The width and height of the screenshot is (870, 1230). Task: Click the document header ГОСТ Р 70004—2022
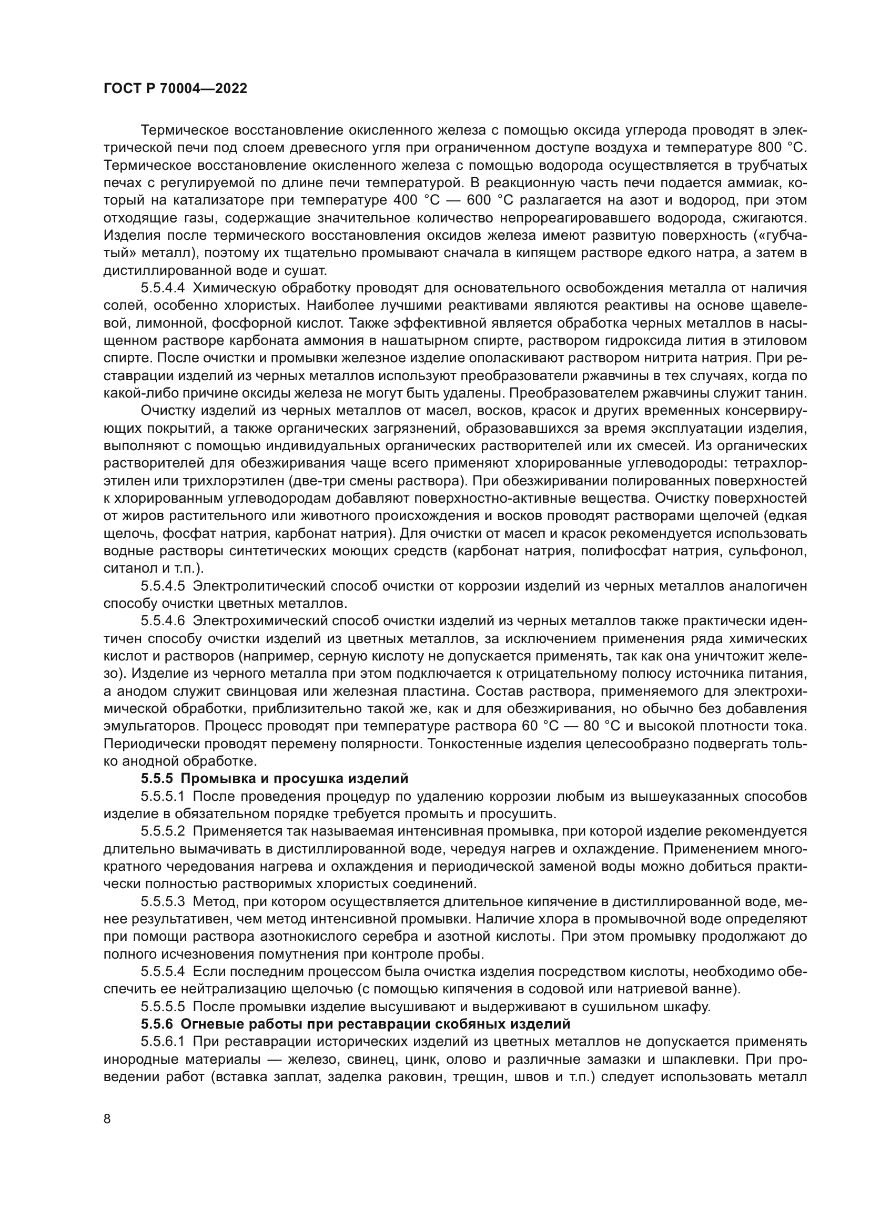point(175,89)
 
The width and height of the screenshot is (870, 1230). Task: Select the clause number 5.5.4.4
point(163,288)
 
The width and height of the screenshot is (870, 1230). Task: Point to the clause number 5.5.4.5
point(163,585)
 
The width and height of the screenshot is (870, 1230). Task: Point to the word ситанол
point(125,568)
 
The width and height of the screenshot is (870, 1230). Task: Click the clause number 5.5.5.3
point(163,900)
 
